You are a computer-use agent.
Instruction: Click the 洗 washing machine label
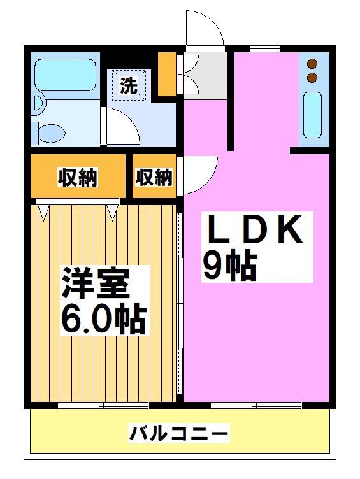click(128, 85)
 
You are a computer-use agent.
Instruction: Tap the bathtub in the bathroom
click(66, 75)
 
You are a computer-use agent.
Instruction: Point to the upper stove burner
click(312, 64)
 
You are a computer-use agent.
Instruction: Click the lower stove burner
click(312, 78)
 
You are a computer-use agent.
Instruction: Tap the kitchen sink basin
click(312, 115)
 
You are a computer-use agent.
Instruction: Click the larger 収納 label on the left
click(78, 177)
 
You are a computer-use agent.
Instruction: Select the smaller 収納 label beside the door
click(154, 177)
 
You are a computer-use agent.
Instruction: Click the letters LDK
click(256, 229)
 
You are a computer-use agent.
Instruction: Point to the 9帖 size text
click(229, 266)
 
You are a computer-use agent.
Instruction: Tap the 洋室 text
click(96, 283)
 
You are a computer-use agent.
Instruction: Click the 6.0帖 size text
click(103, 319)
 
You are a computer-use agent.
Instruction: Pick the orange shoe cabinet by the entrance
click(167, 74)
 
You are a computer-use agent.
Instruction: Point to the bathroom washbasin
click(39, 103)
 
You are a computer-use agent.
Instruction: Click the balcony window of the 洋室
click(103, 405)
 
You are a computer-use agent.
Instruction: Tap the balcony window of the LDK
click(256, 405)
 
